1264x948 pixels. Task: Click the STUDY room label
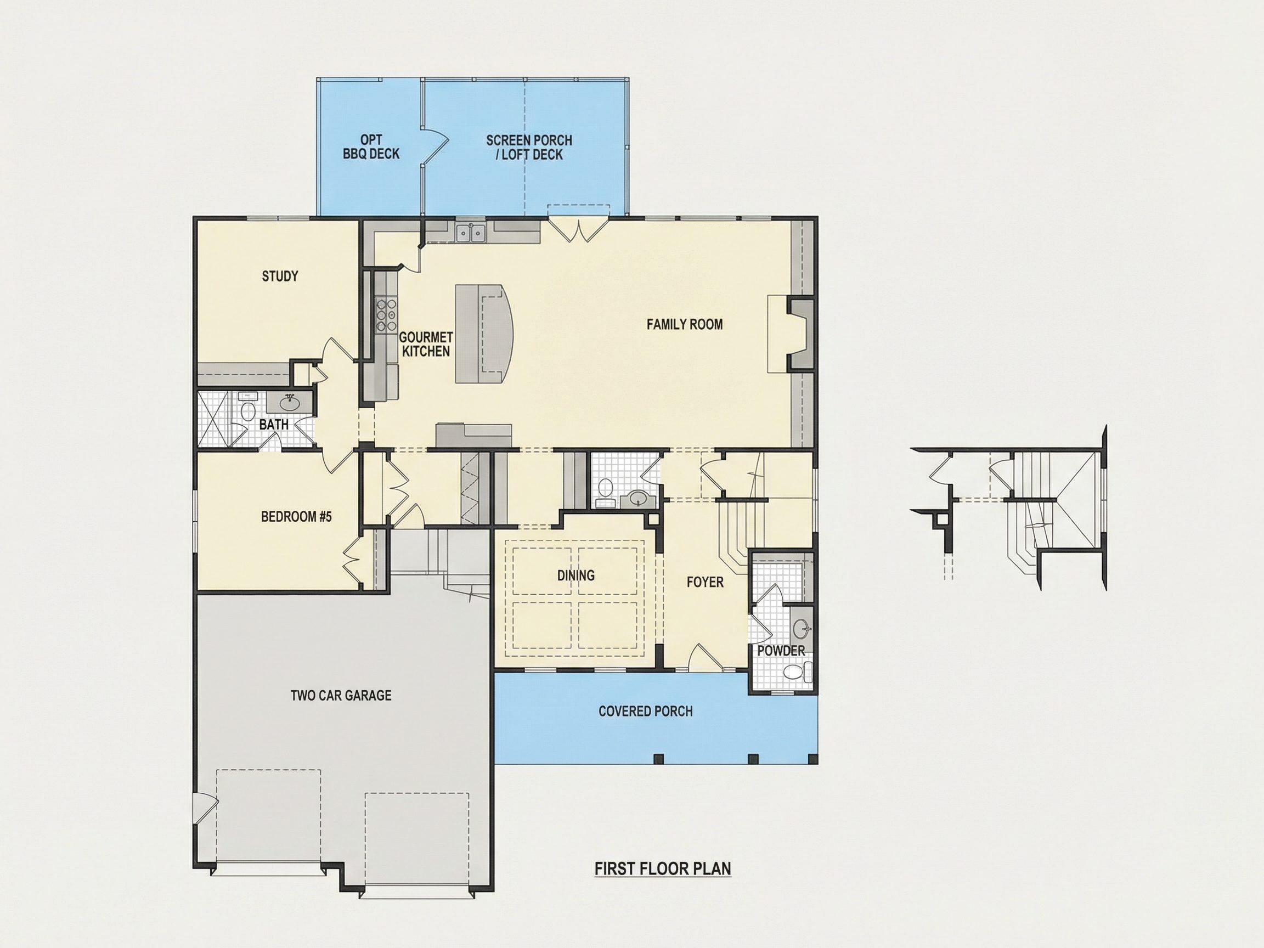(x=280, y=276)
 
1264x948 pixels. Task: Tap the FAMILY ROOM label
(x=685, y=325)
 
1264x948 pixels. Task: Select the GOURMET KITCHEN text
(x=426, y=345)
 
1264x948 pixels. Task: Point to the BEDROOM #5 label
(x=296, y=517)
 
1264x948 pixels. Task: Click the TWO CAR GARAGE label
(x=341, y=696)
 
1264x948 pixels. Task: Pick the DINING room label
(x=576, y=575)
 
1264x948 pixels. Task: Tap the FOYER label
(x=705, y=582)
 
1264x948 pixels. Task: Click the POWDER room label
(x=781, y=650)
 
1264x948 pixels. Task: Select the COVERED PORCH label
(x=646, y=712)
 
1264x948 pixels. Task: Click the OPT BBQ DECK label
(x=371, y=147)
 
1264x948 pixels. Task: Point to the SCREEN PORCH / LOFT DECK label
(x=529, y=148)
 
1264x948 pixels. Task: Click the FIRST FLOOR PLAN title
(x=663, y=868)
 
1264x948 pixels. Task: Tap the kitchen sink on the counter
(x=471, y=233)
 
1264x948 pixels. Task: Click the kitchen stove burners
(x=386, y=315)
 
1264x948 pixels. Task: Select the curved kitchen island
(x=484, y=333)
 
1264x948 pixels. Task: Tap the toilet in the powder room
(x=798, y=671)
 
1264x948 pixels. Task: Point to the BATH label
(x=274, y=425)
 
